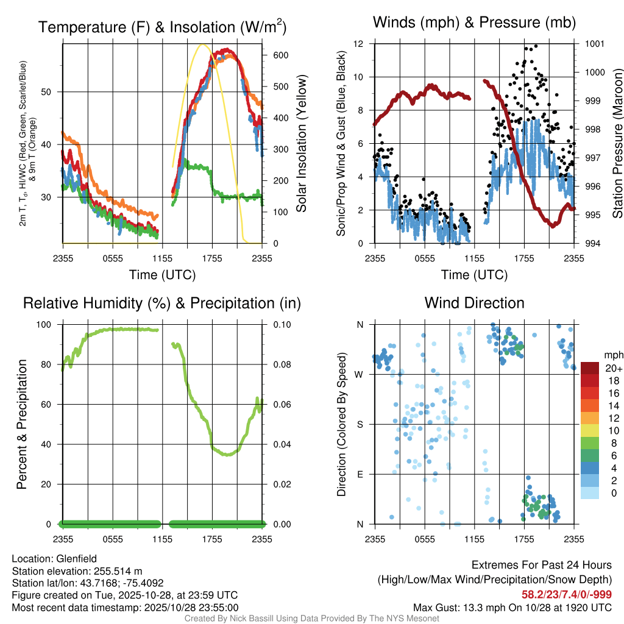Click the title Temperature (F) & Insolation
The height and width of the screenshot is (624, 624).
[x=162, y=27]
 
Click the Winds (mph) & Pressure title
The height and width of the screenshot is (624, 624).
[x=474, y=23]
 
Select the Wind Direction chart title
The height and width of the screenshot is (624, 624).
[x=474, y=303]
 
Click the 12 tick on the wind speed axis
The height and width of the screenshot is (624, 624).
[x=360, y=44]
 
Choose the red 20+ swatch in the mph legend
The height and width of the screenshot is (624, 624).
[x=591, y=368]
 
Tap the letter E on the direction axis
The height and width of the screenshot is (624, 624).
[x=360, y=474]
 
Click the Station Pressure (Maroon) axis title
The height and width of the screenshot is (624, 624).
[x=617, y=143]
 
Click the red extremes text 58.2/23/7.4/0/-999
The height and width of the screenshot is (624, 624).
[x=567, y=594]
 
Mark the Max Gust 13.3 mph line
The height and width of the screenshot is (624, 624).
[x=512, y=607]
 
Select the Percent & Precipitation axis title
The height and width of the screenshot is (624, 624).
[x=22, y=424]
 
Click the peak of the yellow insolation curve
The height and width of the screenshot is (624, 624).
[x=203, y=44]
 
